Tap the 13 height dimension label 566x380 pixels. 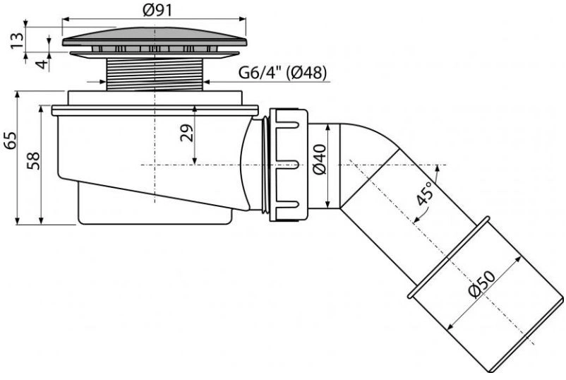[16, 40]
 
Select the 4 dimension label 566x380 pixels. [42, 64]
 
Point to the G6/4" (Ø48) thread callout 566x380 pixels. [282, 73]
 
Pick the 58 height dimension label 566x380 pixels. [33, 161]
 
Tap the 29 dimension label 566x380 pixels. [186, 133]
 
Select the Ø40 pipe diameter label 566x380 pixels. [320, 160]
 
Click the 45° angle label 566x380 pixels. [423, 194]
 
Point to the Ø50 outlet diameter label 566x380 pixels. [482, 284]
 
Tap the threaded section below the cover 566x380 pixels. [155, 74]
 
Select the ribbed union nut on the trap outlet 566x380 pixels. [289, 165]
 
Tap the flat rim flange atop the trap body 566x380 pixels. [155, 110]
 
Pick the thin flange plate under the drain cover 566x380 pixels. [155, 54]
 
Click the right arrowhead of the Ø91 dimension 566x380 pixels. [243, 19]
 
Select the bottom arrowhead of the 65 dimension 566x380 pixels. [17, 220]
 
